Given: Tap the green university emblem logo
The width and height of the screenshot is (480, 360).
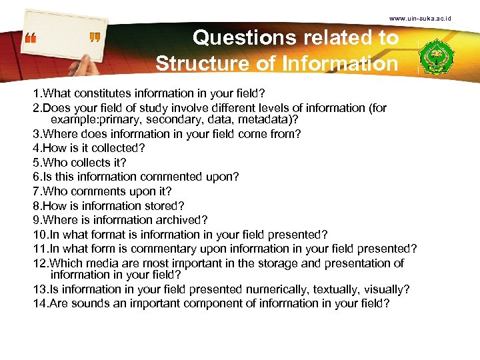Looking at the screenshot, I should coord(439,56).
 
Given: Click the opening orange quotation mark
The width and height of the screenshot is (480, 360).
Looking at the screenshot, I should coord(31,39).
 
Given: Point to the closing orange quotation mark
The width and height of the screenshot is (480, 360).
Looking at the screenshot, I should coord(94,39).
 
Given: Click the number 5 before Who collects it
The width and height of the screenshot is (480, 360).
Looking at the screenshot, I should coord(37,162).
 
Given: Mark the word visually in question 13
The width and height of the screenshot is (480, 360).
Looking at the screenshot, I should coord(386,289).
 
